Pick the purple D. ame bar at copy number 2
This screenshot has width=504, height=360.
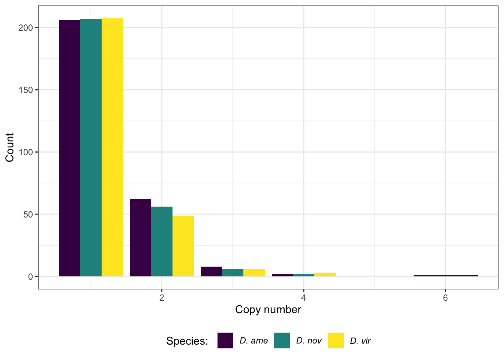tap(140, 238)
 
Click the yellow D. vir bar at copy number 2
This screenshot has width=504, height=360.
tap(183, 246)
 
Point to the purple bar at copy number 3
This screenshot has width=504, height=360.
tap(211, 271)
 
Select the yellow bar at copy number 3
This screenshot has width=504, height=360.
tap(254, 273)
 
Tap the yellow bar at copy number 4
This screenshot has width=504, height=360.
tap(325, 274)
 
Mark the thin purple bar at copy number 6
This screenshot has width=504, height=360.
tap(445, 276)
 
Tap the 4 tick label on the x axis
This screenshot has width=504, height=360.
tap(303, 298)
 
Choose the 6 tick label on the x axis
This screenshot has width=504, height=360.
tap(445, 298)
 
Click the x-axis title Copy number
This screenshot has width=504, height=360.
tap(268, 310)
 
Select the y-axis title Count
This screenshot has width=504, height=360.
tap(10, 147)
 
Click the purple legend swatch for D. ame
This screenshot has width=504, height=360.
tap(225, 340)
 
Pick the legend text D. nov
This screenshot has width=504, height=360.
tap(309, 341)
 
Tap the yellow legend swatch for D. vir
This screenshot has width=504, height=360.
tap(336, 340)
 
